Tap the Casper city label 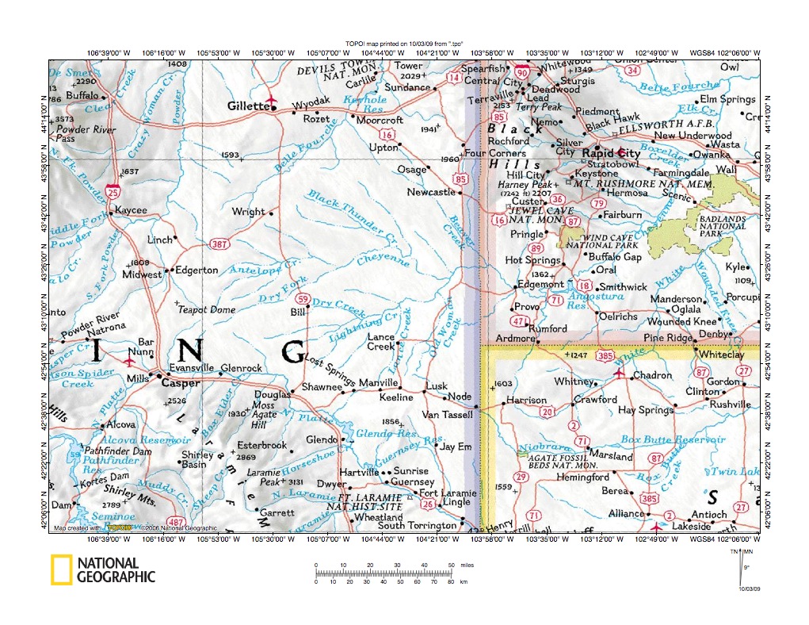point(180,382)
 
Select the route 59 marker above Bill point(301,298)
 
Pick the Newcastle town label point(431,192)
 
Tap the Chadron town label point(653,375)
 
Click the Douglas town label point(272,394)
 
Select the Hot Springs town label point(532,260)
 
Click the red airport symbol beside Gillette point(273,101)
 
